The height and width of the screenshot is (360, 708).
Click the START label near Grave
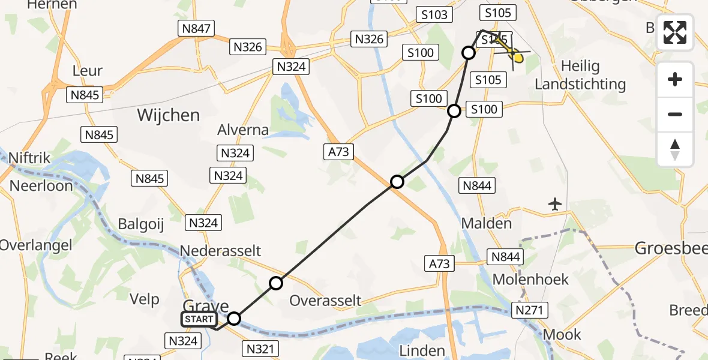(x=199, y=319)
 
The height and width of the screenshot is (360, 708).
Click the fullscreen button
(x=675, y=32)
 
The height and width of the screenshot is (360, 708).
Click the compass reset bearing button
(x=675, y=149)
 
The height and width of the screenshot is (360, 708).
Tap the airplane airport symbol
(x=556, y=204)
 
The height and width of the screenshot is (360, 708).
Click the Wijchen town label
(x=168, y=115)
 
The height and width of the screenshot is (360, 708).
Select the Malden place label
(x=487, y=224)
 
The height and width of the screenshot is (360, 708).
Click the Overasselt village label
(x=325, y=300)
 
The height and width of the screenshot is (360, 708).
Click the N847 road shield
(x=196, y=28)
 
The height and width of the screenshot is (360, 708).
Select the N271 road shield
(x=529, y=310)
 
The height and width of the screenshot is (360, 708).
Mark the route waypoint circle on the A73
(x=397, y=181)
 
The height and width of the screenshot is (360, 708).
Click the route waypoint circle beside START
(x=234, y=319)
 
